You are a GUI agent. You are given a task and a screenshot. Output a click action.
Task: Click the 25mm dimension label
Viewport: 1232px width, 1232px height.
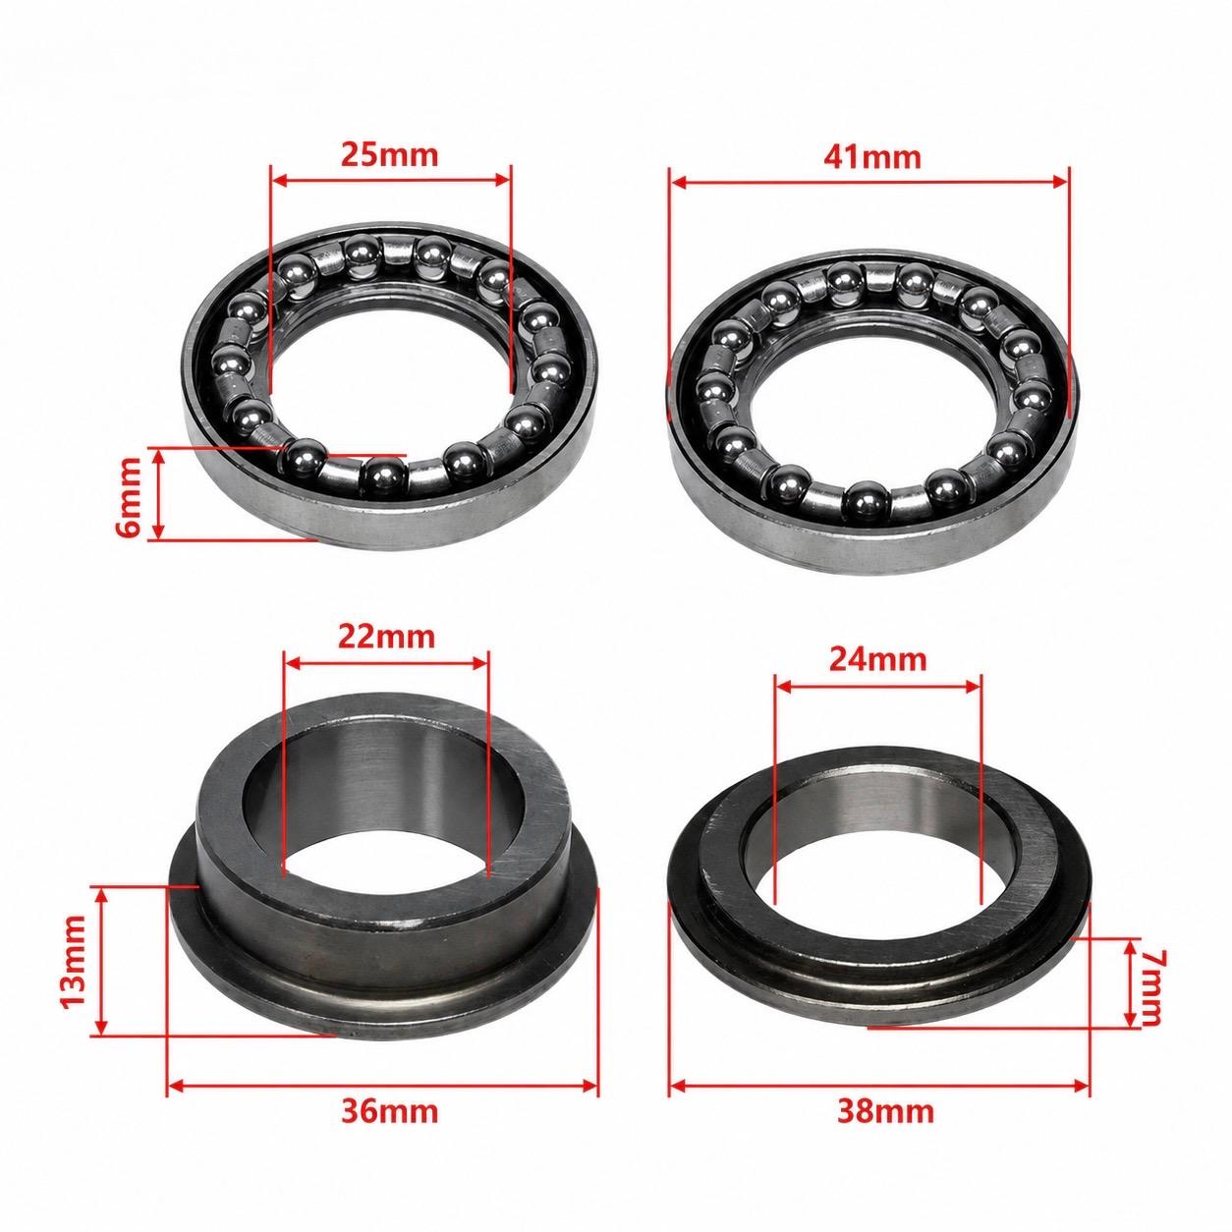coord(389,154)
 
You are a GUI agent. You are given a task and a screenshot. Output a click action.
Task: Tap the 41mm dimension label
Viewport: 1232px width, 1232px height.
coord(872,157)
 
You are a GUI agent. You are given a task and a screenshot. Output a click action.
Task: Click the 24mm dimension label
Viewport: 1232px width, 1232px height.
coord(877,660)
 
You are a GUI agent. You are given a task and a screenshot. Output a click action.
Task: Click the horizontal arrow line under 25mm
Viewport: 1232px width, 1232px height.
coord(391,180)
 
